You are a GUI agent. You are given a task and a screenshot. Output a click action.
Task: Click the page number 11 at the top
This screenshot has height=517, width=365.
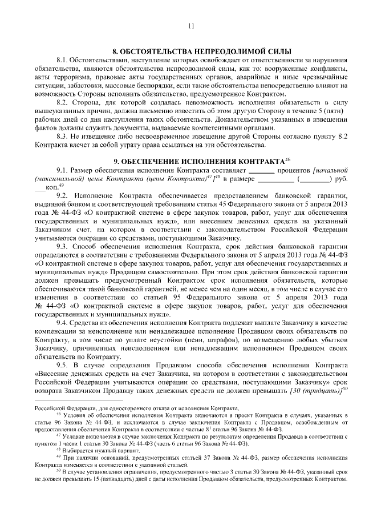(190, 26)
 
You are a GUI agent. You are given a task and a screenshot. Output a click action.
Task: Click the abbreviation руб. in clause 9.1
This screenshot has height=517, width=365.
(342, 179)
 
